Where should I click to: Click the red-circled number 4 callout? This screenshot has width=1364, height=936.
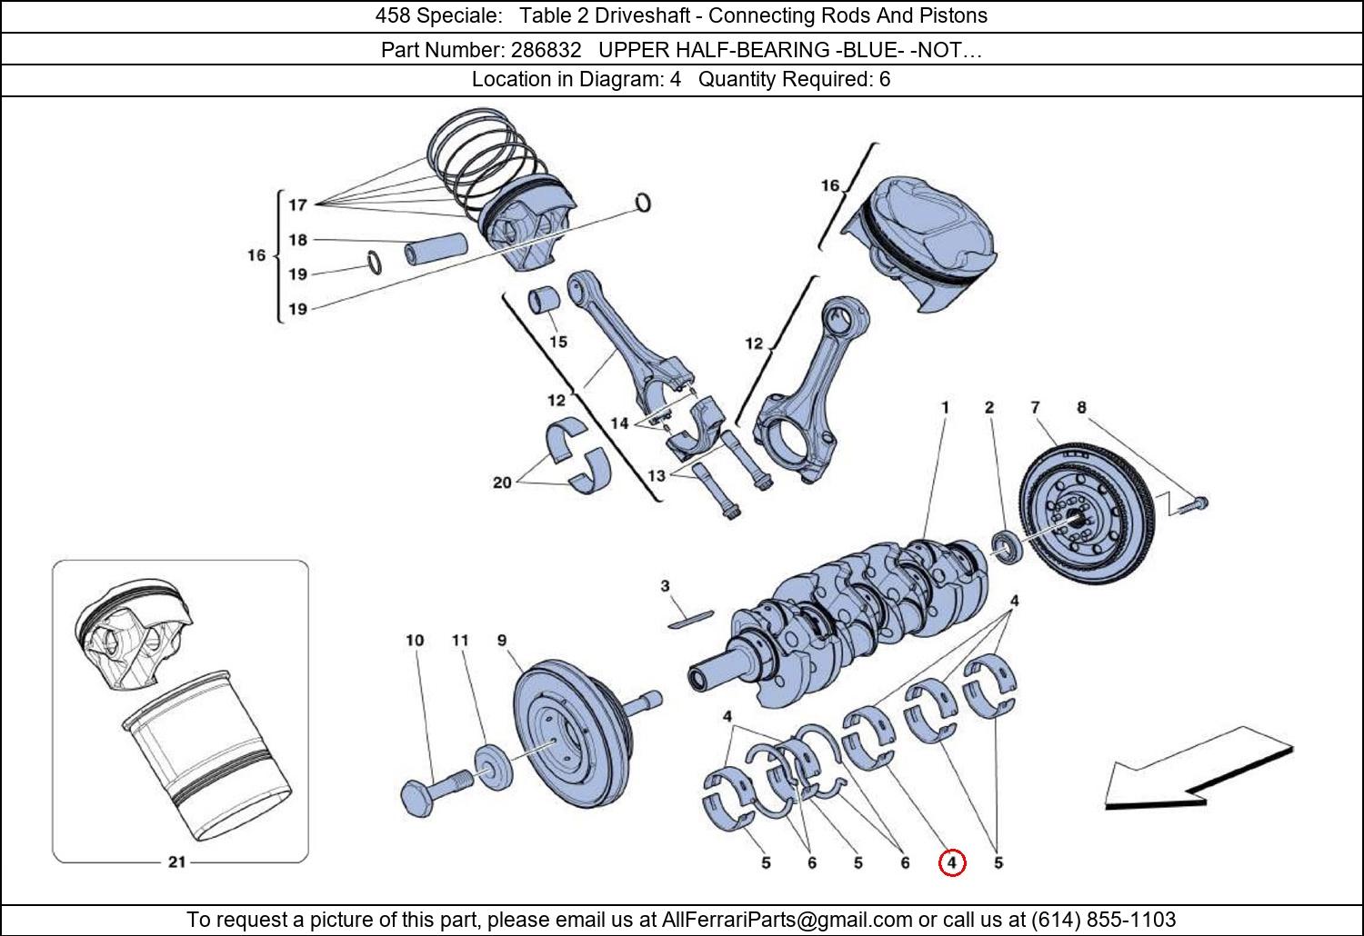pyautogui.click(x=951, y=862)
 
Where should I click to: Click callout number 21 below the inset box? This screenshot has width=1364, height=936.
pyautogui.click(x=176, y=861)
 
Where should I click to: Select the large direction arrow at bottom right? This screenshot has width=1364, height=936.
pyautogui.click(x=1196, y=771)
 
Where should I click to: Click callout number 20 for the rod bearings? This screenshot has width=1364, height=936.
pyautogui.click(x=502, y=483)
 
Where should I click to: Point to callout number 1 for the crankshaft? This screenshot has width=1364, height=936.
pyautogui.click(x=945, y=407)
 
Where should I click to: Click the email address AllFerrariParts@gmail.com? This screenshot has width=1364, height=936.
pyautogui.click(x=787, y=920)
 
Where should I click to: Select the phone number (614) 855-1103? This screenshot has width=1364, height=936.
pyautogui.click(x=1103, y=920)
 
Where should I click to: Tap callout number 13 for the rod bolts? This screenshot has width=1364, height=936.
pyautogui.click(x=656, y=475)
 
